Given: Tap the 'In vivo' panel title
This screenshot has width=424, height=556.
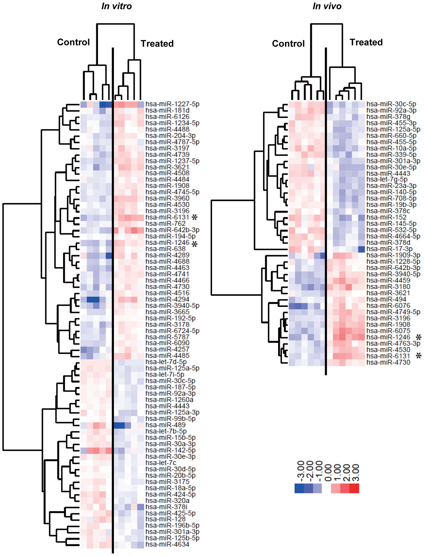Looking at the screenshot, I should point(327,6).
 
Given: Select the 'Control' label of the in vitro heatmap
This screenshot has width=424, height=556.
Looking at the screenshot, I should point(73,42).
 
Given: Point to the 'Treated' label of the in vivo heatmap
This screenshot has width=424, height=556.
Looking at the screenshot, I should point(366,42).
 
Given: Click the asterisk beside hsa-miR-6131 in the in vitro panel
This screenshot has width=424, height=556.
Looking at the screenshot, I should point(194,217).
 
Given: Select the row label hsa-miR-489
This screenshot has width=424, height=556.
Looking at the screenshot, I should point(166,425).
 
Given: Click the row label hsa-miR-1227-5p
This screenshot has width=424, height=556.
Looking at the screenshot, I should point(172,104).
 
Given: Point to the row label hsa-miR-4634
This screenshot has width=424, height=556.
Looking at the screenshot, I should point(167,544).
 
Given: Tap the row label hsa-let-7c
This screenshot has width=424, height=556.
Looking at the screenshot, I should point(161,463).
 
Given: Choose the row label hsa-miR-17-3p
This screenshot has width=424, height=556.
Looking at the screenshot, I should point(389,249).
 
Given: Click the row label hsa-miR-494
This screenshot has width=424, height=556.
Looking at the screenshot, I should point(386,299).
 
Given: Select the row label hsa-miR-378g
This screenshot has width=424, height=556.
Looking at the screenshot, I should point(388,117).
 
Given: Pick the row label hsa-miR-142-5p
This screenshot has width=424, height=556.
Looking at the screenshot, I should point(171,450).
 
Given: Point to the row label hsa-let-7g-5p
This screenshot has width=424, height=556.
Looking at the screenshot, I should point(387,179).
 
